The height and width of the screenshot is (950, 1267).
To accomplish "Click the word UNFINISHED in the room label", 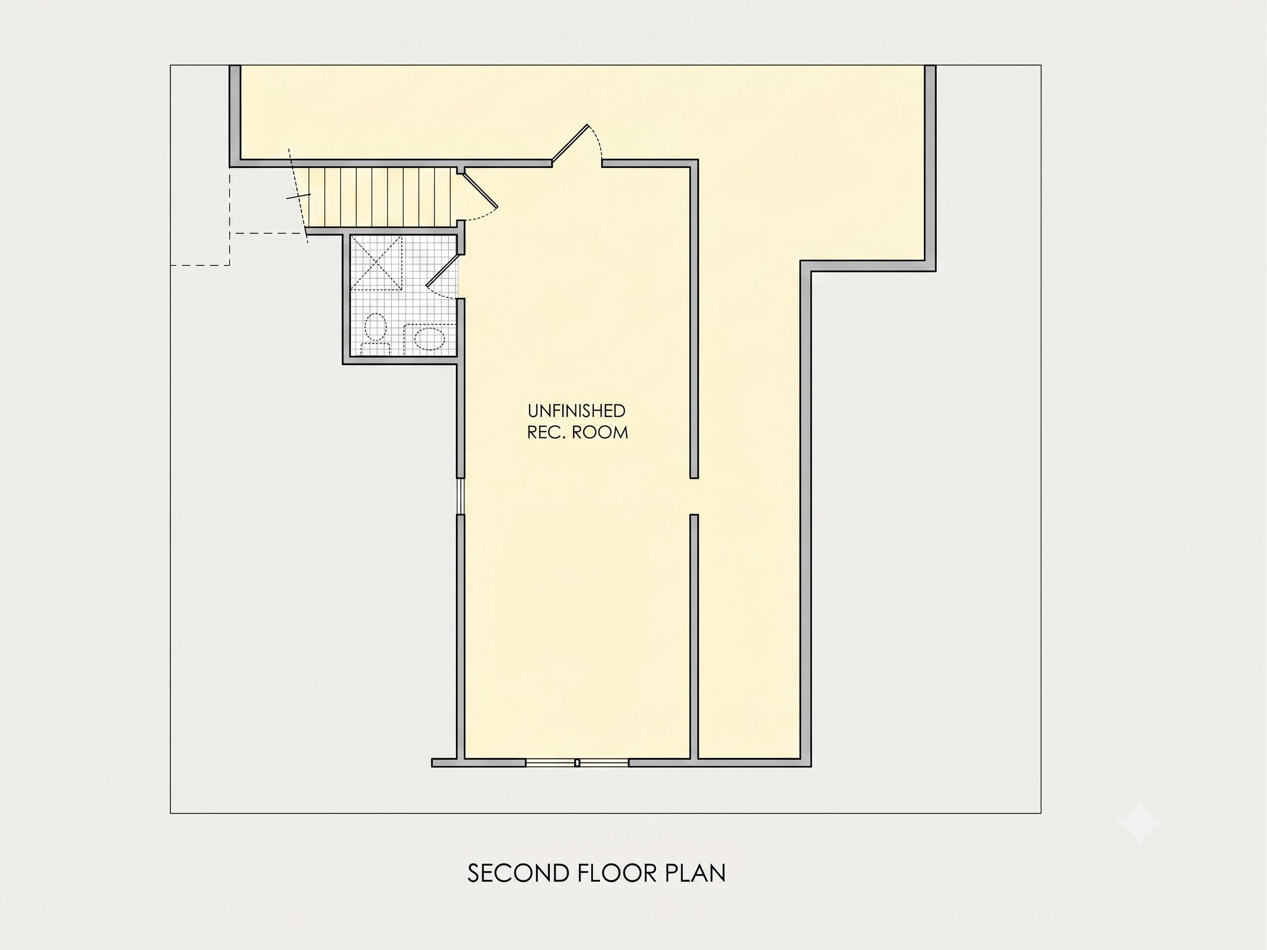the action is [x=577, y=411].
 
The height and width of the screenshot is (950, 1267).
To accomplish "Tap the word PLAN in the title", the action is [x=696, y=873].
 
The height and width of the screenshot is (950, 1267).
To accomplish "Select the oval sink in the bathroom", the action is [x=429, y=339].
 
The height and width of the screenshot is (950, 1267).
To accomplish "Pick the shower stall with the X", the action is [x=376, y=263].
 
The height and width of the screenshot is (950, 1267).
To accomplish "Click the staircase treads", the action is [x=379, y=197].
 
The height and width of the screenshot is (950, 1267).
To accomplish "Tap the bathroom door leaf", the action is [x=443, y=270].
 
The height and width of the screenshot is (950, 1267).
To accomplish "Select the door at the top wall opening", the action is [x=570, y=143].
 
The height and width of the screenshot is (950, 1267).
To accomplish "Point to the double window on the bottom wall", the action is [x=577, y=763].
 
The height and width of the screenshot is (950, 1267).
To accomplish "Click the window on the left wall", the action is [x=460, y=496].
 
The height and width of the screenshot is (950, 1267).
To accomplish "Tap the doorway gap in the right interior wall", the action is [x=693, y=496].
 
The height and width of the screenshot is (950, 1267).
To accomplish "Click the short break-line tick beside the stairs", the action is [x=298, y=196].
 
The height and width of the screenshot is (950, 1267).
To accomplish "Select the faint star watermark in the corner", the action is [x=1140, y=822].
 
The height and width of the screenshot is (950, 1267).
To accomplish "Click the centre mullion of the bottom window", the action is [x=577, y=763].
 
